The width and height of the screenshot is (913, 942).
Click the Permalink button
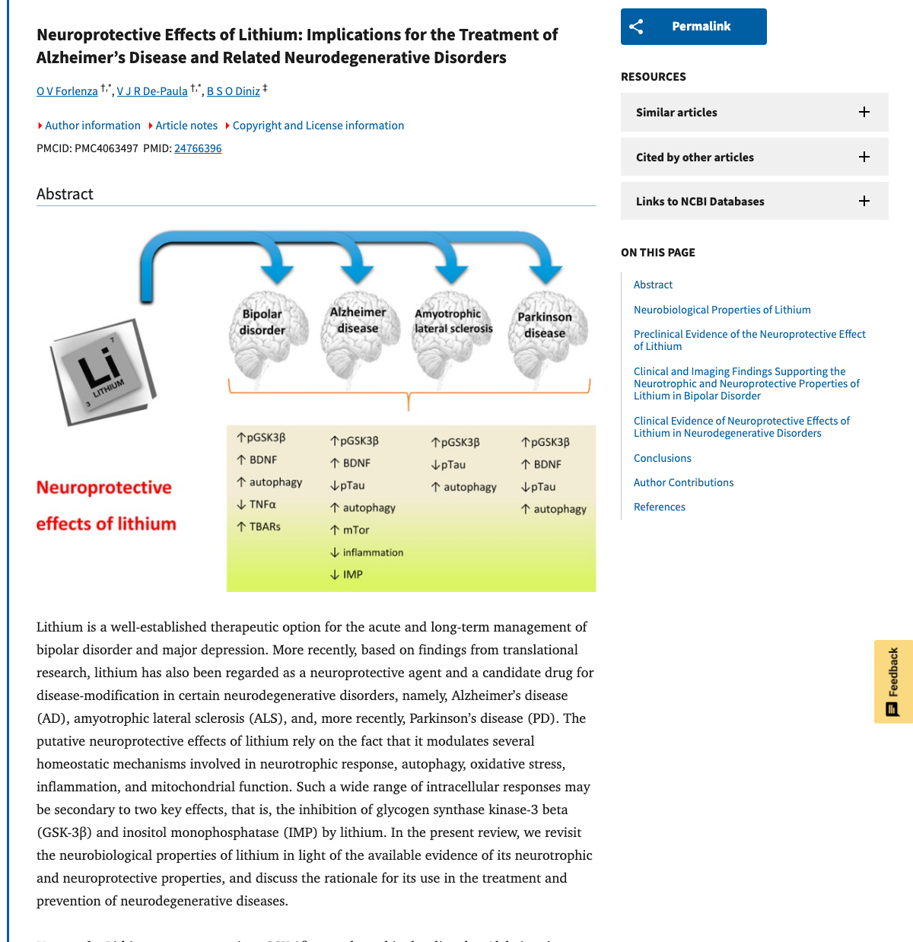[x=693, y=27]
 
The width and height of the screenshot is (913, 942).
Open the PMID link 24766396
[x=198, y=148]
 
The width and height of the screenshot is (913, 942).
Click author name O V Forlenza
[x=67, y=91]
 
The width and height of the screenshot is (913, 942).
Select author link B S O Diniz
[x=234, y=91]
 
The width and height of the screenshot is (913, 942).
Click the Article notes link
[x=186, y=126]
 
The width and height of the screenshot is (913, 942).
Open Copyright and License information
[x=318, y=126]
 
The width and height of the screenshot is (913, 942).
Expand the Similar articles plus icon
[x=864, y=113]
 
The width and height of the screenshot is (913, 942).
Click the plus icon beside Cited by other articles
[x=864, y=157]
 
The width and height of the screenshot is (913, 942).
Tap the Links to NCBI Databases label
[x=700, y=202]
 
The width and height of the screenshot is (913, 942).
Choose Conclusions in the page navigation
[x=662, y=458]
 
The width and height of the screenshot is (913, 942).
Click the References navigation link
[x=659, y=507]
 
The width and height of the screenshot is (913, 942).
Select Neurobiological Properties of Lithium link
[x=722, y=310]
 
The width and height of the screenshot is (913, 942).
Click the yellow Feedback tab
[x=893, y=681]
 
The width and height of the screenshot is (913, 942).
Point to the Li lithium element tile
[x=103, y=371]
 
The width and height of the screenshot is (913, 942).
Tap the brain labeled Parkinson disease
[x=546, y=335]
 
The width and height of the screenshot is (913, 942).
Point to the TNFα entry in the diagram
[x=262, y=504]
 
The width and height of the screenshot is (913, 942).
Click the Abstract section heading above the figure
[x=65, y=194]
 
